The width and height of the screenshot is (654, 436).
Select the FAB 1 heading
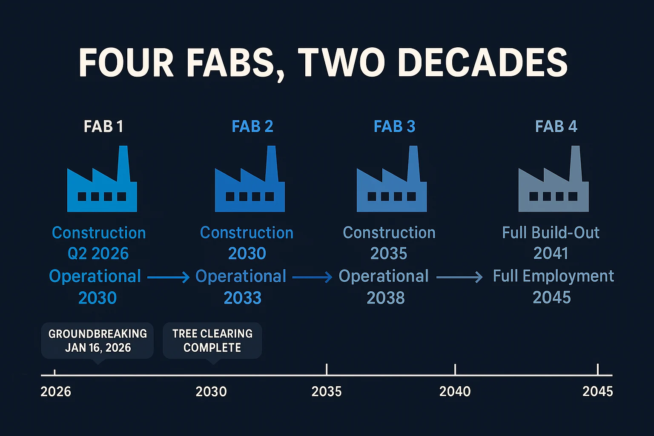[103, 126]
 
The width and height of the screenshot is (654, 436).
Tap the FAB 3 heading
[394, 126]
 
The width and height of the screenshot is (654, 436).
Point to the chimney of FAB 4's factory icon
[575, 162]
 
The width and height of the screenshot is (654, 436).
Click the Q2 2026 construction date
[98, 254]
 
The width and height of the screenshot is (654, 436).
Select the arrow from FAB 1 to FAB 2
[168, 277]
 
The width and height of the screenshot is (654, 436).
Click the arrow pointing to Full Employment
[459, 277]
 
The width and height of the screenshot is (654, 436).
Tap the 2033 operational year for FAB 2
[242, 298]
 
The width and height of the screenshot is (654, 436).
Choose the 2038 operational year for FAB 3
[386, 298]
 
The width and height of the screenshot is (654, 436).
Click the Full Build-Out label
[551, 232]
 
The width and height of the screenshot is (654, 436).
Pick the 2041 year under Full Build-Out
[551, 253]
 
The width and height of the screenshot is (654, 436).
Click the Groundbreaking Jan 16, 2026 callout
[98, 340]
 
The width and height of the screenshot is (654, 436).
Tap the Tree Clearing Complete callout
[212, 340]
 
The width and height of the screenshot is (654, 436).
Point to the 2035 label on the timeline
[327, 391]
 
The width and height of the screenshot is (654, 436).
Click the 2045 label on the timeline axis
[597, 391]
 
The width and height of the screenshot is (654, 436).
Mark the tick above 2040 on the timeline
[455, 369]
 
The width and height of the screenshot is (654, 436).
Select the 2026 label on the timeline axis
[56, 391]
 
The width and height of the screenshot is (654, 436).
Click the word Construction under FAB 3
[389, 232]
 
